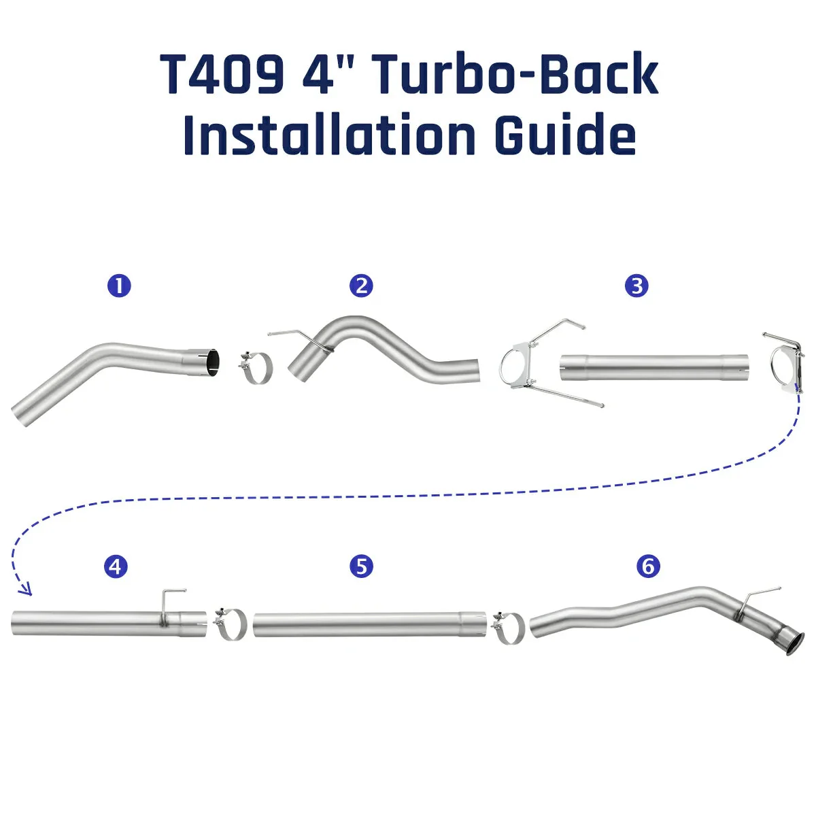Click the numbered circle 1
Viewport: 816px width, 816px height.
click(x=119, y=286)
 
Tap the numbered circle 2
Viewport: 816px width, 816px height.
click(x=362, y=286)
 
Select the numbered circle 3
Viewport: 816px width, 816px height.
click(x=636, y=286)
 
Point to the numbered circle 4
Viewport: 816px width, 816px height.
click(x=116, y=566)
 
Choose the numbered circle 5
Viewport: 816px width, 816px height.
click(x=362, y=566)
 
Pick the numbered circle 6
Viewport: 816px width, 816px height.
click(x=648, y=566)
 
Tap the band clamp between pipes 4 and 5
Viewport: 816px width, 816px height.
click(x=231, y=623)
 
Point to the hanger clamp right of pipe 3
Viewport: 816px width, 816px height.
click(x=785, y=360)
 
